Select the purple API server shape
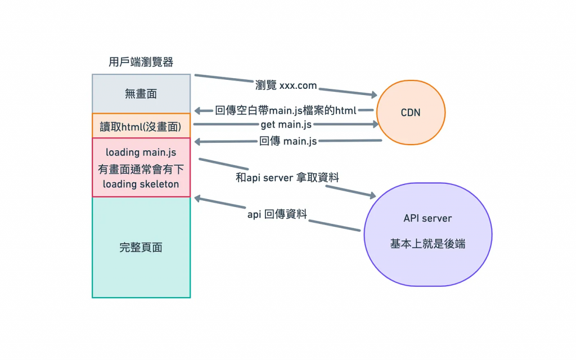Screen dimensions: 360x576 [x=427, y=234]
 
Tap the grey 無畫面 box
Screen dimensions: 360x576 [x=141, y=94]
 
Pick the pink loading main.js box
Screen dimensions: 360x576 [x=141, y=168]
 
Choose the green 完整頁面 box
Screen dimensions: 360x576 [x=141, y=247]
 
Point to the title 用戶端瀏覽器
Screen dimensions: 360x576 [x=141, y=62]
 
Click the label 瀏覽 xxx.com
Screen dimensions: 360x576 [x=286, y=85]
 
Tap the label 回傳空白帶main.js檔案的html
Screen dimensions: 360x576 [x=286, y=110]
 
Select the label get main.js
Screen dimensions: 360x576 [x=286, y=124]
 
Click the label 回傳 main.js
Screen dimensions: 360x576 [x=288, y=141]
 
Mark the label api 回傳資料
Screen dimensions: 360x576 [x=277, y=214]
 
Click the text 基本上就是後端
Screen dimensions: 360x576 [x=427, y=245]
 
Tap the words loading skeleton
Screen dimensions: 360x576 [x=141, y=184]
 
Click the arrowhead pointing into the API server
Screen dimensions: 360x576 [x=371, y=195]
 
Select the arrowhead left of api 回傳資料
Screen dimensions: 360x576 [x=197, y=198]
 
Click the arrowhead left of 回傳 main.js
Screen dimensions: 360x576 [x=197, y=142]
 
